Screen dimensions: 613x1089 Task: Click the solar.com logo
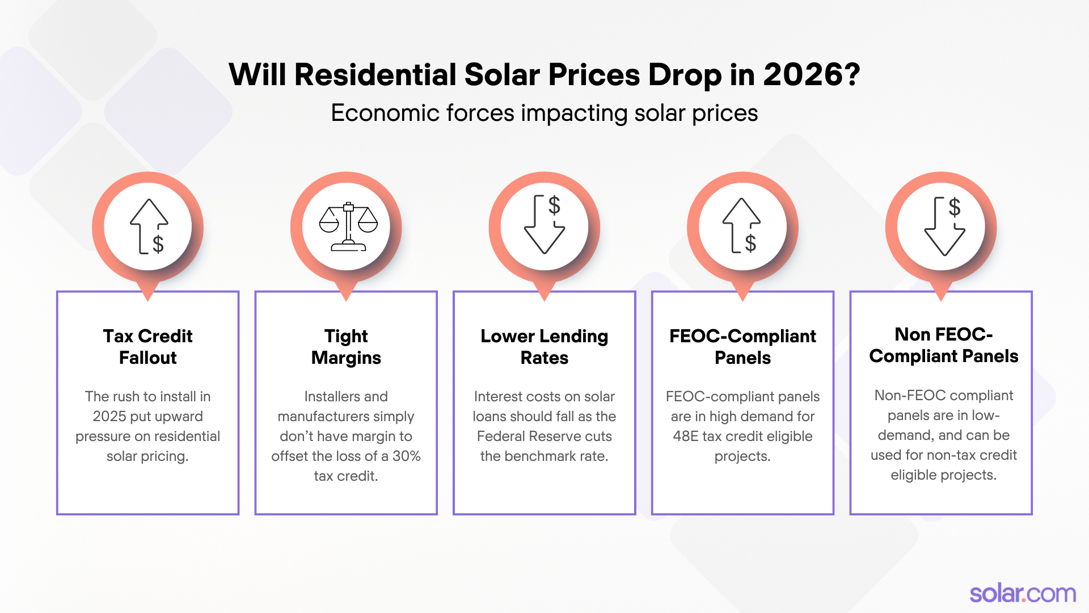point(1022,594)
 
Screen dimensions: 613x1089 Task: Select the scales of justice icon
point(348,226)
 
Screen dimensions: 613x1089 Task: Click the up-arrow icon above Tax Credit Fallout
point(149,226)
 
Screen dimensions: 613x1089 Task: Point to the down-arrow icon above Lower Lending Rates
point(544,225)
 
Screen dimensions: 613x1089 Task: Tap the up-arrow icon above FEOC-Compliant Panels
point(742,226)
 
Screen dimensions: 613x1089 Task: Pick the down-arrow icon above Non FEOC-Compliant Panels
point(944,226)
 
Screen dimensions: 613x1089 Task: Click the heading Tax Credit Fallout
point(147,347)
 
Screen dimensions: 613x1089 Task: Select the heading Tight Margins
point(346,347)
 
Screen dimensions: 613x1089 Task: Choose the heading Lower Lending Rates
point(544,347)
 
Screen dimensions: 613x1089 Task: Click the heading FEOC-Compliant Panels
point(742,347)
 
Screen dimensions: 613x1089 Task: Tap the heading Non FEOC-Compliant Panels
point(943,345)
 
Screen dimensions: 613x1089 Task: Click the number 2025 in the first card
point(109,416)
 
